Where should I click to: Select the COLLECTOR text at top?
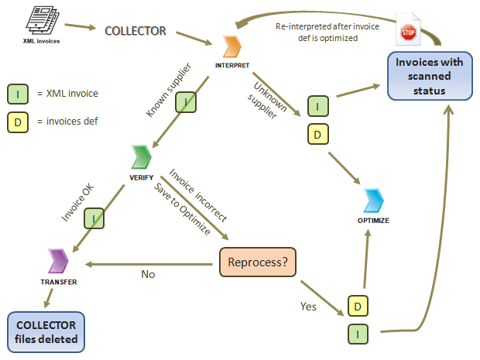135,31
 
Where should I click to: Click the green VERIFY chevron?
139,158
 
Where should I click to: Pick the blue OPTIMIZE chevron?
373,201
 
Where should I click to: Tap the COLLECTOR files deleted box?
46,330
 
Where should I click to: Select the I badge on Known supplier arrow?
185,102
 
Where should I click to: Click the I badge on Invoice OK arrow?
93,220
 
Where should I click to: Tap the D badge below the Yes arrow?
358,306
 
